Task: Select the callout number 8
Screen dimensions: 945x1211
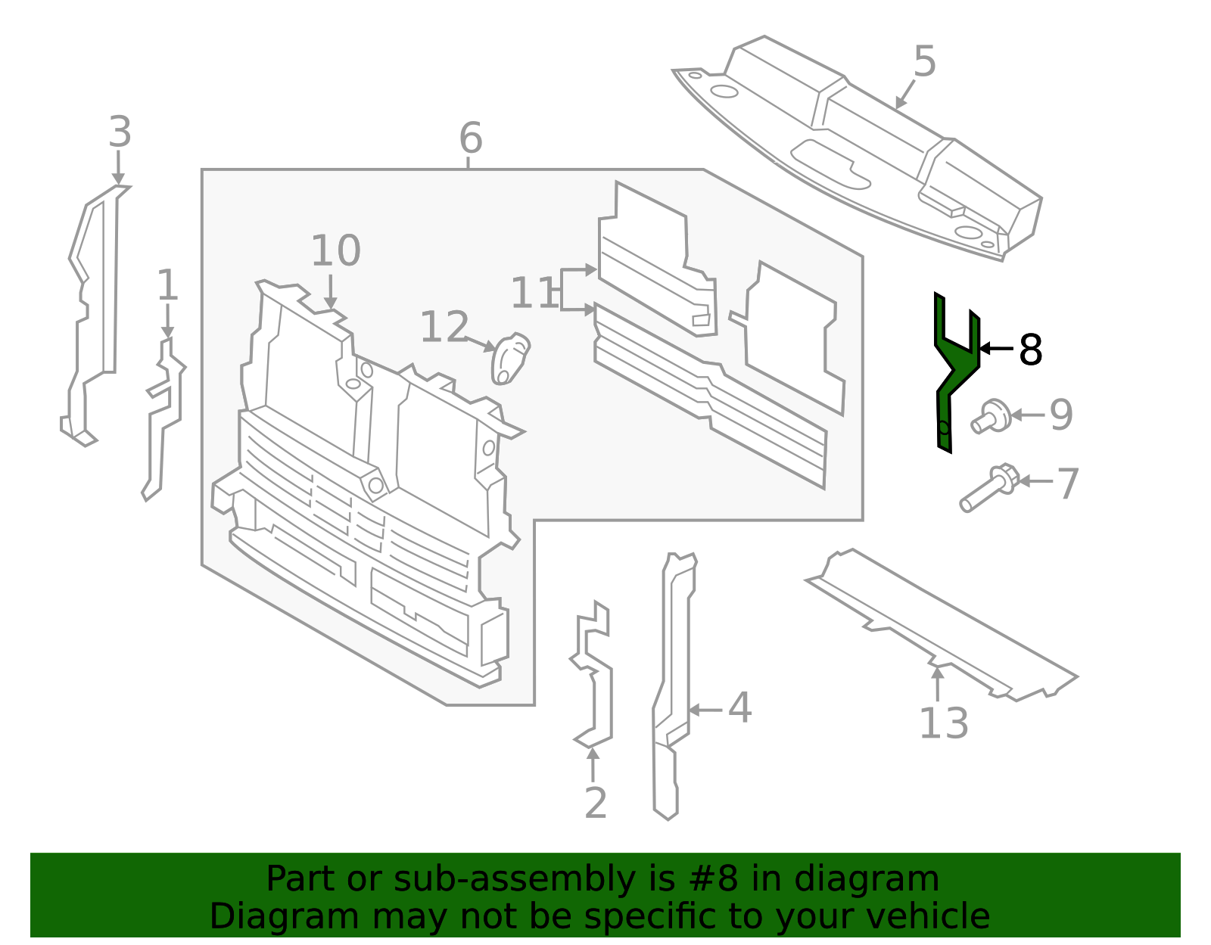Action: click(x=1030, y=350)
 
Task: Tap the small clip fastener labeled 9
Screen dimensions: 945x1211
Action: click(x=992, y=417)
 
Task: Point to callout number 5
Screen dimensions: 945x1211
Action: click(x=924, y=61)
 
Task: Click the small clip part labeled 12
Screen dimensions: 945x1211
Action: click(x=510, y=358)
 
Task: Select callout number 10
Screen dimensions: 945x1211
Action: click(x=335, y=251)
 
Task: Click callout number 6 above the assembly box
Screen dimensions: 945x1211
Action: click(x=470, y=139)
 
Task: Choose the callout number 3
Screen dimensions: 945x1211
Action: click(x=120, y=132)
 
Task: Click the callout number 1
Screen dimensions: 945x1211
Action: click(x=167, y=286)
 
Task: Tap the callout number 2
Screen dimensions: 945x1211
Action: click(x=596, y=804)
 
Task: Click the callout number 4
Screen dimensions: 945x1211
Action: click(x=739, y=709)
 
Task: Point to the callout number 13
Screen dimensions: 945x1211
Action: click(x=943, y=724)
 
